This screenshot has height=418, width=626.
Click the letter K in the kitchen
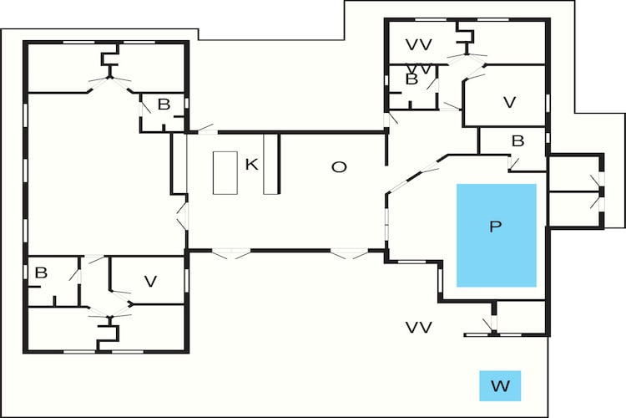pos(251,164)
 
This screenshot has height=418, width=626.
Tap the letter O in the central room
pos(339,167)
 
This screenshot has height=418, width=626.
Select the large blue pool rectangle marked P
pos(497,235)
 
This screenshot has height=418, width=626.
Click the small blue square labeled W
pos(500,385)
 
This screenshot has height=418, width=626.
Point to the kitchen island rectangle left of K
pos(225,173)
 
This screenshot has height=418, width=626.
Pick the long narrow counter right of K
pos(270,164)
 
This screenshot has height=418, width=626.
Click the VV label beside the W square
pos(419,328)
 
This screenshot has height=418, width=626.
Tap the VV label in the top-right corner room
pos(419,45)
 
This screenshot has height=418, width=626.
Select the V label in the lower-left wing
pos(150,282)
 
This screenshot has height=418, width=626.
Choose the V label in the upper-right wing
pos(509,102)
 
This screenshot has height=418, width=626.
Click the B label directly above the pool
pos(517,141)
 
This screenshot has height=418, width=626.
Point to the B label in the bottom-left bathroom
pos(41,273)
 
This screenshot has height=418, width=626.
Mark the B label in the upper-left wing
pos(164,104)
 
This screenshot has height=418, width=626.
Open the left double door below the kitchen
pos(231,253)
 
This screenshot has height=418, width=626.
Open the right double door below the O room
pos(349,253)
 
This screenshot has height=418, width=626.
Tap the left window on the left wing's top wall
pos(78,42)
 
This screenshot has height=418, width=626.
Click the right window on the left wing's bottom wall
pos(128,352)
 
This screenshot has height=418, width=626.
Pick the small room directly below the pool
pos(521,317)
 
